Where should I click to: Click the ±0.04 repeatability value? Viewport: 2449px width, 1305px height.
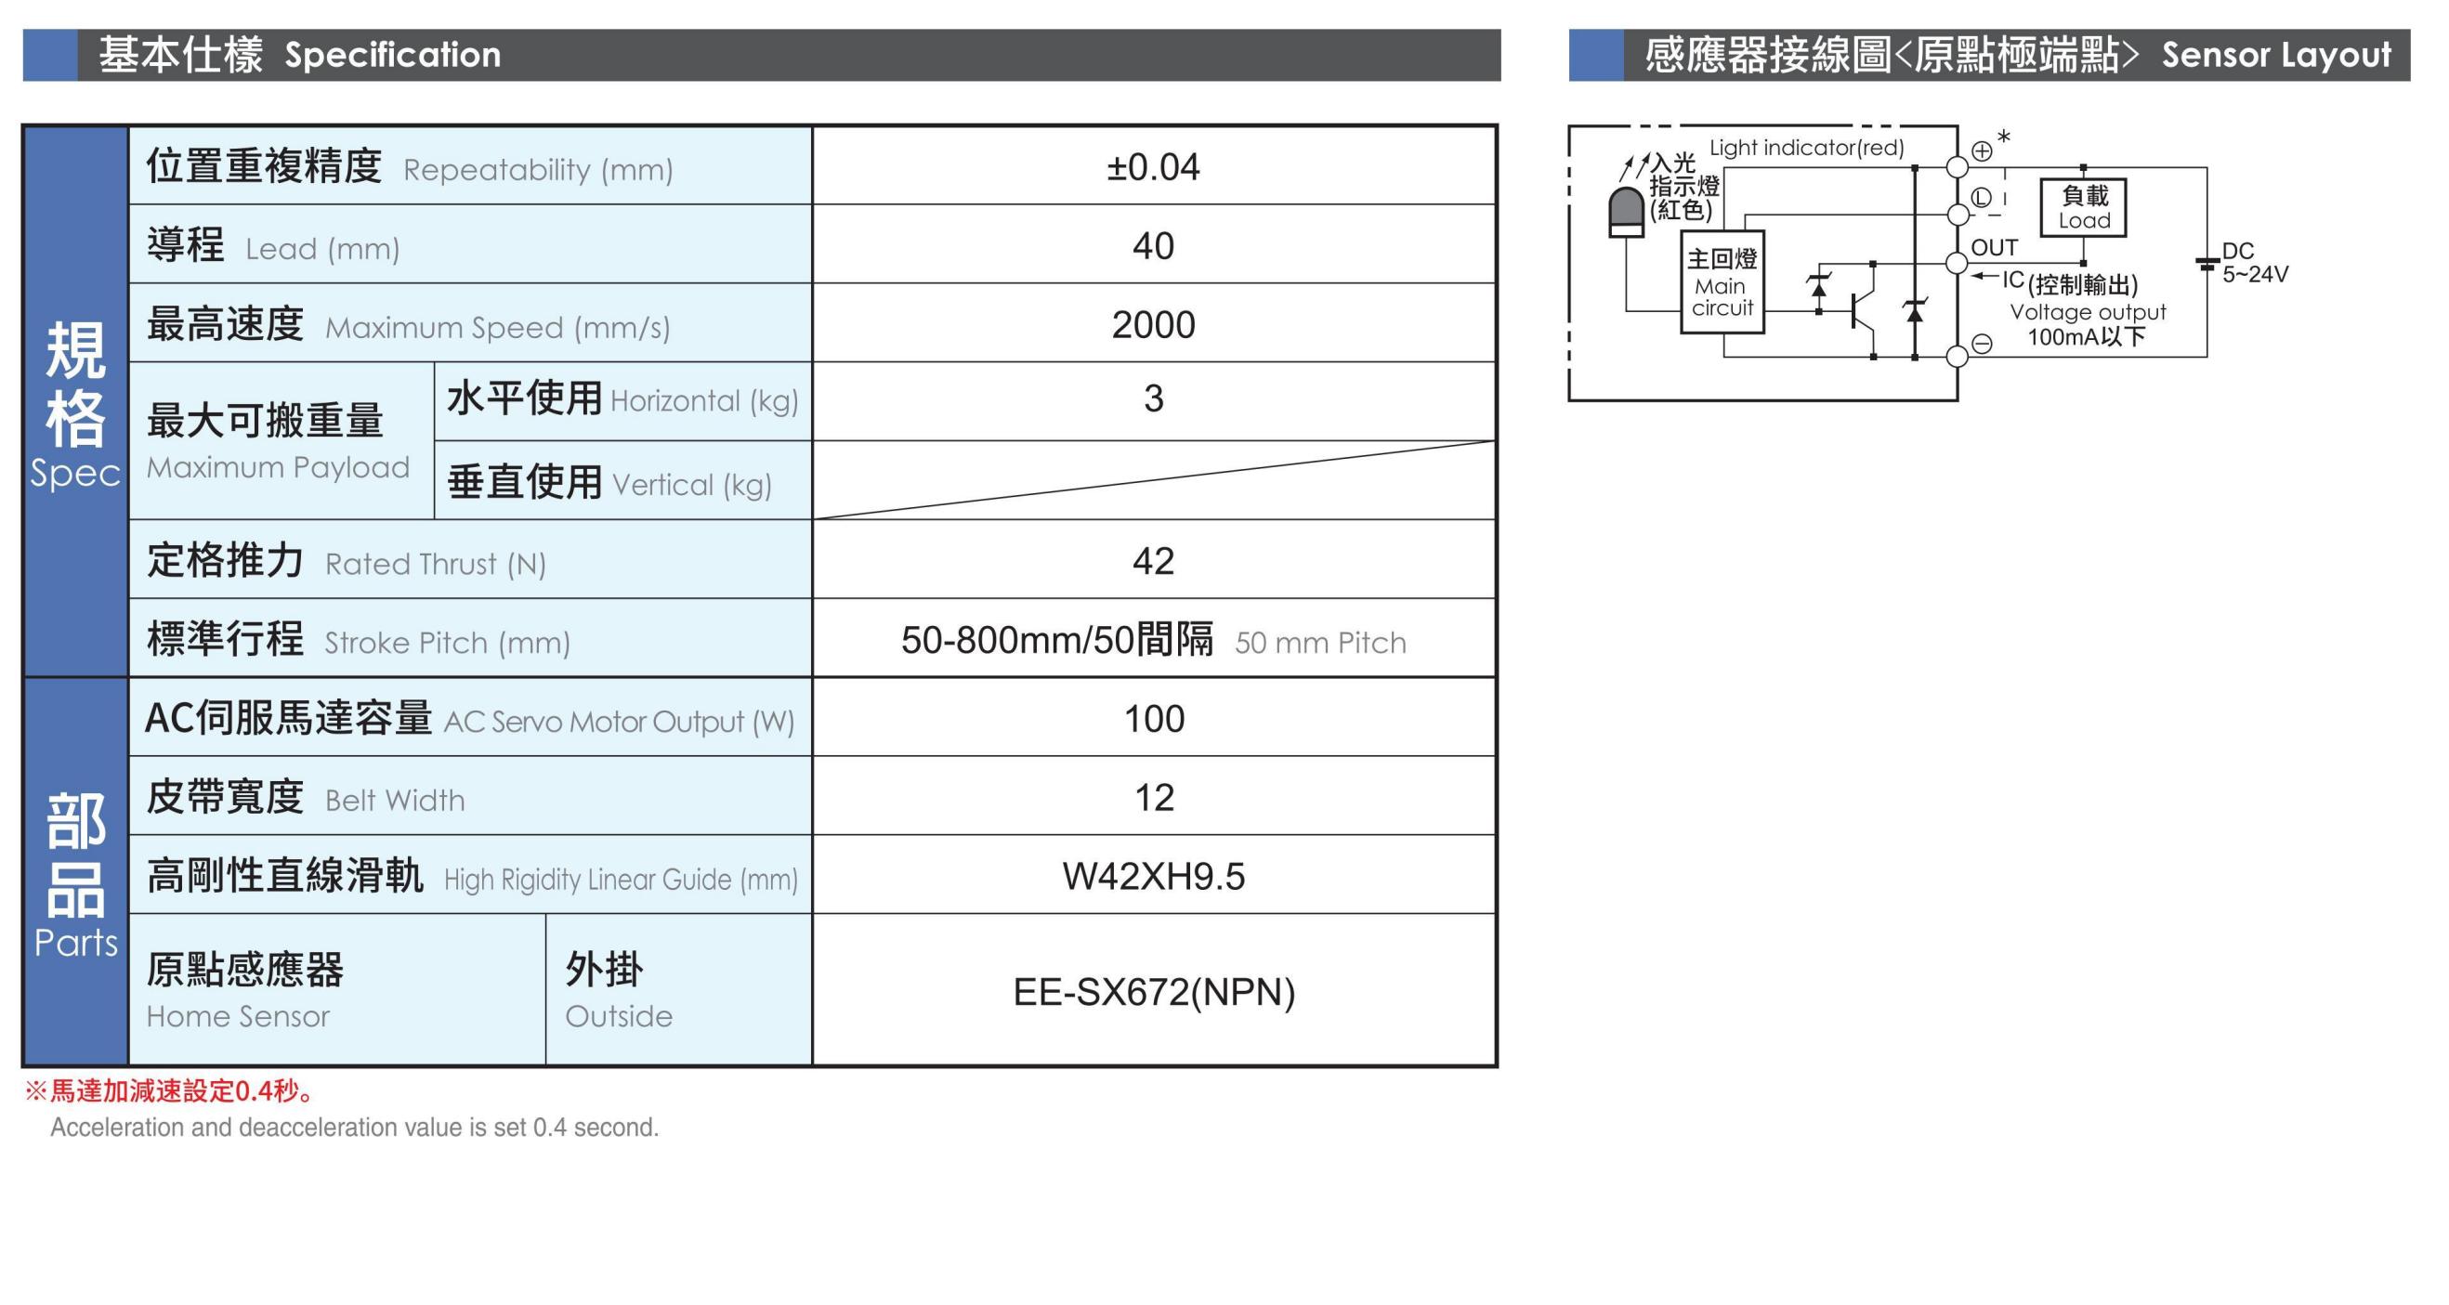point(1153,167)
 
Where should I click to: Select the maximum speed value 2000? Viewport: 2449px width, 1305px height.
point(1153,325)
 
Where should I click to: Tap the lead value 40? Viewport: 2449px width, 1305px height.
point(1153,246)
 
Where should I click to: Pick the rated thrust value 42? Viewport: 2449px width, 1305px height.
point(1153,561)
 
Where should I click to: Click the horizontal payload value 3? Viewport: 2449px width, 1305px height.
point(1153,398)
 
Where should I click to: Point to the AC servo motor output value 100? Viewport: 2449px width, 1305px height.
point(1154,719)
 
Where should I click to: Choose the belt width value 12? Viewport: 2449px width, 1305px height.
point(1154,798)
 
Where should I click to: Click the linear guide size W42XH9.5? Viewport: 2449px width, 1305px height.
point(1153,876)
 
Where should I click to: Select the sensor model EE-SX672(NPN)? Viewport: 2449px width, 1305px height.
point(1154,992)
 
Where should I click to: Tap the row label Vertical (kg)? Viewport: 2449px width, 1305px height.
point(692,486)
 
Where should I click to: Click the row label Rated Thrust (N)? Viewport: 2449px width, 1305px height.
point(436,565)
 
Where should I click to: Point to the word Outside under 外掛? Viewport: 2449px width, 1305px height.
point(619,1016)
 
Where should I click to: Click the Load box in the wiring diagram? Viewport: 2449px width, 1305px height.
point(2083,207)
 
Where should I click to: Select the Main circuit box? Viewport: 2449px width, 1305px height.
point(1722,281)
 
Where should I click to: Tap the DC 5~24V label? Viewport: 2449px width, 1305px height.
point(2255,262)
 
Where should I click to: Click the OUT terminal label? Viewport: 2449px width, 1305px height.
point(1995,248)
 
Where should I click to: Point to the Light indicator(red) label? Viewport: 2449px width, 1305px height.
point(1806,149)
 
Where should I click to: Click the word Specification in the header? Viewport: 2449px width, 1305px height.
point(393,55)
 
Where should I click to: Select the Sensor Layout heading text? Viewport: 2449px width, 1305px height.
point(2276,55)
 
